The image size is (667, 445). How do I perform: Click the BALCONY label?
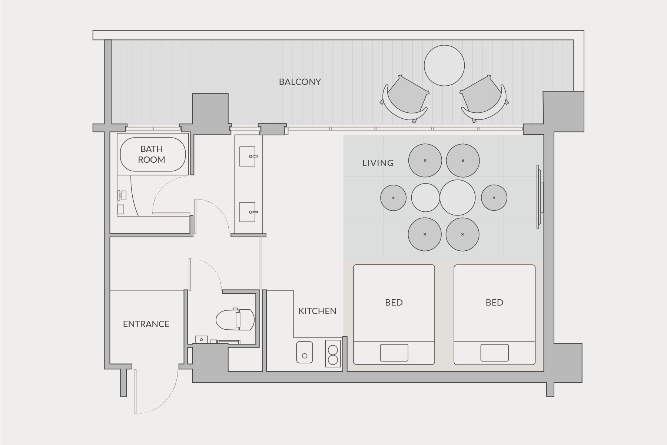point(300,82)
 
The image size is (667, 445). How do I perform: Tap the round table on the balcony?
point(444,66)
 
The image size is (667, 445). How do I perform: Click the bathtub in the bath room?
point(153,154)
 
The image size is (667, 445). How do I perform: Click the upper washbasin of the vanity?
point(248,156)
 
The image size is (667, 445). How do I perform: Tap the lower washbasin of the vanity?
point(248,212)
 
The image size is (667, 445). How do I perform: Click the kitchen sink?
point(305,352)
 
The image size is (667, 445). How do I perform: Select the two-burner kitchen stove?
point(333,353)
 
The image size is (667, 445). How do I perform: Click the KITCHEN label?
point(317,311)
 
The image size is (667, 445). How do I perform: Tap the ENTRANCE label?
point(146,324)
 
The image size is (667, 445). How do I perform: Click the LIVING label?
point(378,163)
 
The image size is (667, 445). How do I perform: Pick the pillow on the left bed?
point(394,353)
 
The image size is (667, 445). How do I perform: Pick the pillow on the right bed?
point(495,353)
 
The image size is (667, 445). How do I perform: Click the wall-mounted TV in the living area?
point(540,197)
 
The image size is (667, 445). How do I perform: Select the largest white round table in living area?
point(458,198)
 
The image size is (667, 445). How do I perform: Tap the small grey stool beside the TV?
point(494,198)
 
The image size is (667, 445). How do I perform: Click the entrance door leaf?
point(135,391)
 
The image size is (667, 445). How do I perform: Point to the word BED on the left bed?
point(394,303)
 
